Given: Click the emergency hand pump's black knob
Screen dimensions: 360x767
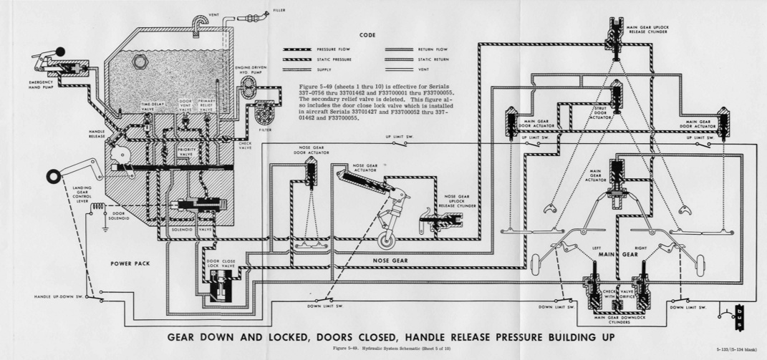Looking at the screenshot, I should [x=60, y=51].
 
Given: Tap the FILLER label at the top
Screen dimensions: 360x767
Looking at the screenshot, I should [x=279, y=10].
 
